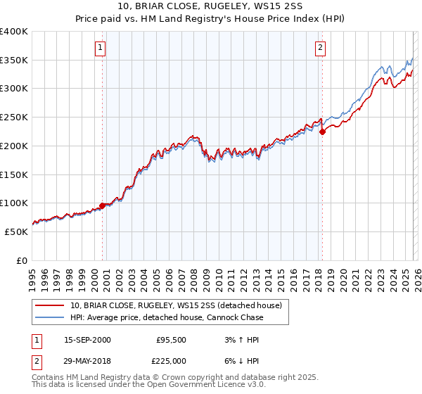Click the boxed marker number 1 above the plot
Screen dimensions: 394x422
point(100,48)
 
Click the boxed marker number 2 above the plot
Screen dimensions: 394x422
point(320,48)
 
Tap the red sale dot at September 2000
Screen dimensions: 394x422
point(103,205)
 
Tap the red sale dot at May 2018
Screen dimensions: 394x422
point(322,131)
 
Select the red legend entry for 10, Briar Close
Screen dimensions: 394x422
point(175,305)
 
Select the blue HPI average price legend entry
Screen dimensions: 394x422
point(167,318)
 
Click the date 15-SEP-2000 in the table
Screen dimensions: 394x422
point(87,339)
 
